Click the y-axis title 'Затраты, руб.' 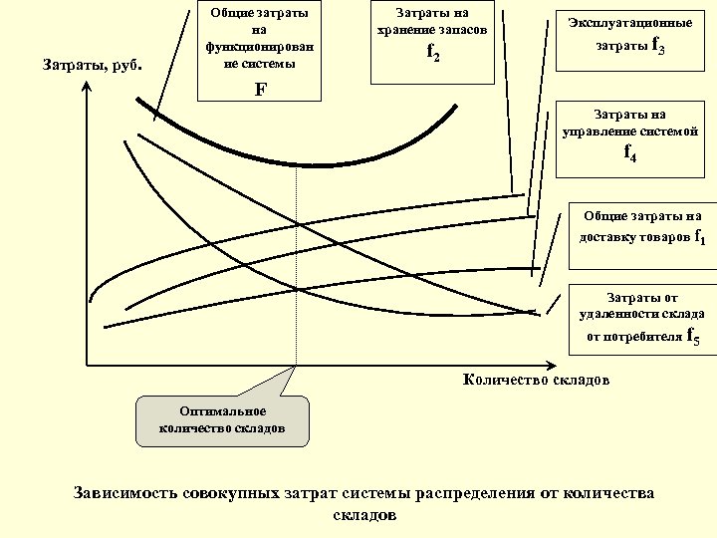[x=95, y=67]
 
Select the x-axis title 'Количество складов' [x=537, y=380]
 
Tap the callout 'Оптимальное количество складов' [x=222, y=419]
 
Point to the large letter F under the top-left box [x=261, y=89]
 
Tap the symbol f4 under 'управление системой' [x=630, y=152]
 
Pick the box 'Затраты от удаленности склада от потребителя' [x=642, y=319]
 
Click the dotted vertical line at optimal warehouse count [x=297, y=269]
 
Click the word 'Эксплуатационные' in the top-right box [x=629, y=22]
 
